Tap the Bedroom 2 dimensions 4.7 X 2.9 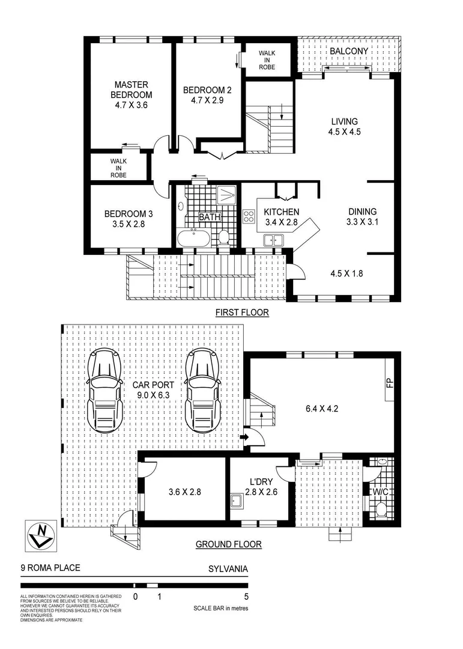207,101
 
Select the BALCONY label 348,52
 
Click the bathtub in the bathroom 193,239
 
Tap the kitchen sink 274,240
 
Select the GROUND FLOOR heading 229,545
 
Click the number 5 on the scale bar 246,597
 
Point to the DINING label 362,212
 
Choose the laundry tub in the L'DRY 236,501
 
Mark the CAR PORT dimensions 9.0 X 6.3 154,396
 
